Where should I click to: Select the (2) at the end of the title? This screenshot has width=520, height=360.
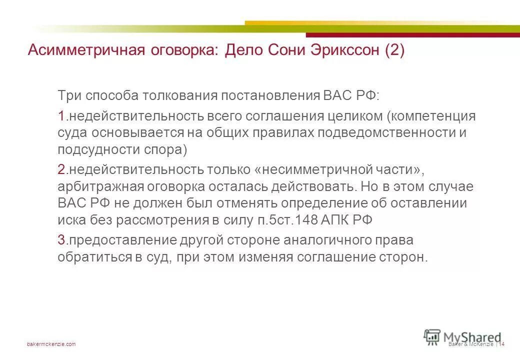(x=394, y=50)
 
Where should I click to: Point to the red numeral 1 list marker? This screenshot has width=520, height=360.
(x=61, y=116)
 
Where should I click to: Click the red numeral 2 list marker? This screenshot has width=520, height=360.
(x=61, y=170)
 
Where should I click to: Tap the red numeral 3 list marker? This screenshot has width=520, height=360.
(x=61, y=240)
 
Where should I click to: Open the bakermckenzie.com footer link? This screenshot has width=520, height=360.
(x=51, y=344)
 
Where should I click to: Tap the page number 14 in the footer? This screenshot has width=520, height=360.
(x=501, y=344)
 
